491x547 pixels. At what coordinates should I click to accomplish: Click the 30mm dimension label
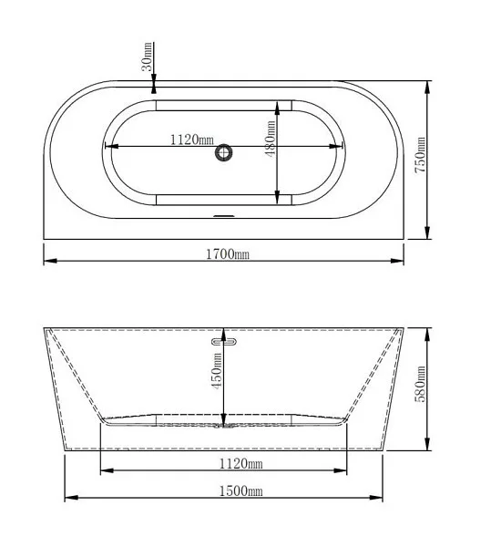tap(147, 57)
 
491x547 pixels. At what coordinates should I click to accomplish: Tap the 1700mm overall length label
tap(228, 254)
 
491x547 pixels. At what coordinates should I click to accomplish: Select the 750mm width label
tap(420, 155)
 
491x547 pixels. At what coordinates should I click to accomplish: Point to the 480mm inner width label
tap(270, 139)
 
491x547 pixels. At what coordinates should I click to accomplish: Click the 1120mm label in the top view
tap(191, 139)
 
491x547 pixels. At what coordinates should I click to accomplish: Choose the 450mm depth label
tap(217, 371)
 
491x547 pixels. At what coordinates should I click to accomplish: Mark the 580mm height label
tap(420, 384)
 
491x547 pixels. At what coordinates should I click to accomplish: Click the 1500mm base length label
tap(240, 490)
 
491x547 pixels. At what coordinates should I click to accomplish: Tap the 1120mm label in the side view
tap(240, 464)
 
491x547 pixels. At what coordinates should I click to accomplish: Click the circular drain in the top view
tap(224, 153)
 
